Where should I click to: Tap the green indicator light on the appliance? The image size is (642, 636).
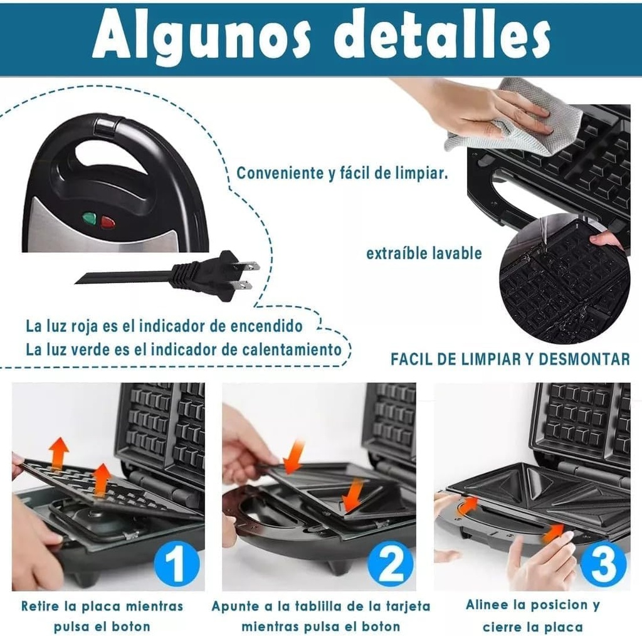coord(90,219)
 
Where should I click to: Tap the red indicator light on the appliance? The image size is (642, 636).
coord(108,221)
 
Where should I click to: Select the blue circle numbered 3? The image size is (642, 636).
coord(603,563)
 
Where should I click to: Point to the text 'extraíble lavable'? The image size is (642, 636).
coord(424,253)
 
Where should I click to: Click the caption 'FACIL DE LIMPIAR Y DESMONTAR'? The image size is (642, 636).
coord(510,359)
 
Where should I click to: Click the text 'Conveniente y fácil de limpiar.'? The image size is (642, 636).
coord(342,174)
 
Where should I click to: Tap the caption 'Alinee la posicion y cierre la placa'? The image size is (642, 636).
coord(532,615)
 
